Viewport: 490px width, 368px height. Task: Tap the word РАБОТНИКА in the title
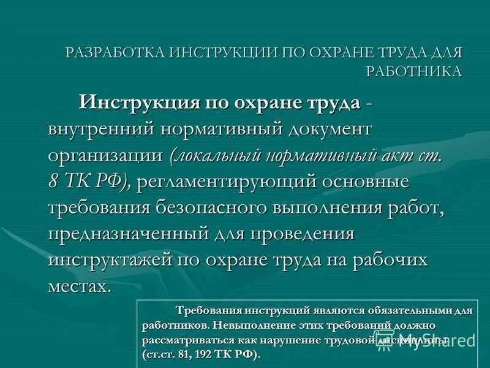click(414, 71)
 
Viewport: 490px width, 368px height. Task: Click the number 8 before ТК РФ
click(54, 182)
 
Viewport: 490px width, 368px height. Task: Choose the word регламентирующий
click(224, 182)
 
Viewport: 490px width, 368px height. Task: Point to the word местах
click(80, 286)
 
